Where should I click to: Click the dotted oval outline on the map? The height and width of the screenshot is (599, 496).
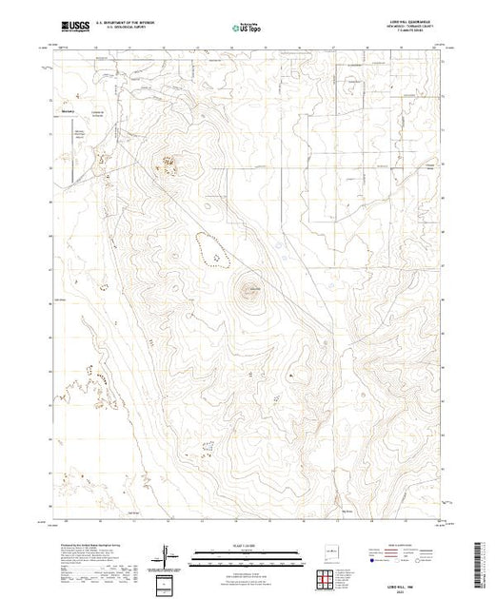pyautogui.click(x=214, y=249)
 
